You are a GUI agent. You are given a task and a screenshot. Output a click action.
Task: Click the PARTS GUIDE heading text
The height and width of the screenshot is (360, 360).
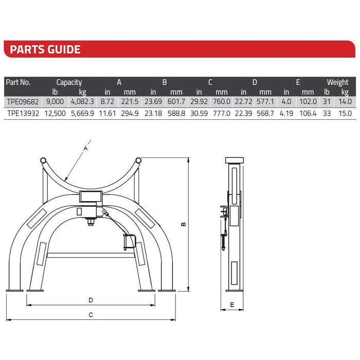pos(45,49)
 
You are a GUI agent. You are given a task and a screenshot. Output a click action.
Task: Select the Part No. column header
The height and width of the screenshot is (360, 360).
pos(19,82)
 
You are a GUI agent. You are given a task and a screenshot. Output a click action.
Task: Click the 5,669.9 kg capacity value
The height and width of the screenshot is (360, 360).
pos(82,113)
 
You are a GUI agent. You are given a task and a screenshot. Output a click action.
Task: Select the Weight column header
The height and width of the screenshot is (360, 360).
pos(337,82)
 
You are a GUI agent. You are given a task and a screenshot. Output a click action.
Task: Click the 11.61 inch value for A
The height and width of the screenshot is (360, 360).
pos(106,113)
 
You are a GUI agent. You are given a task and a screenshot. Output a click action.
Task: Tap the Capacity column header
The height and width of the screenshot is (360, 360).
pos(69,82)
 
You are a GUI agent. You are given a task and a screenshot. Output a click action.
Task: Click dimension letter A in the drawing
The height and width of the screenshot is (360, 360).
pos(85,148)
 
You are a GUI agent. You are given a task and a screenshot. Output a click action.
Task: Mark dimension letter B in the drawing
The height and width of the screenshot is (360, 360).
pos(183,224)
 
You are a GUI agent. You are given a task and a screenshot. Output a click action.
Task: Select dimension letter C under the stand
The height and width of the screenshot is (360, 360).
pos(91,314)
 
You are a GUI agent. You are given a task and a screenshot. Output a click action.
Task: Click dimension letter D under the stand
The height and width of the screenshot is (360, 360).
pos(91,299)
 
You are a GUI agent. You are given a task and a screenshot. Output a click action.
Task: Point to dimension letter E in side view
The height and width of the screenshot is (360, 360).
pos(232,305)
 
